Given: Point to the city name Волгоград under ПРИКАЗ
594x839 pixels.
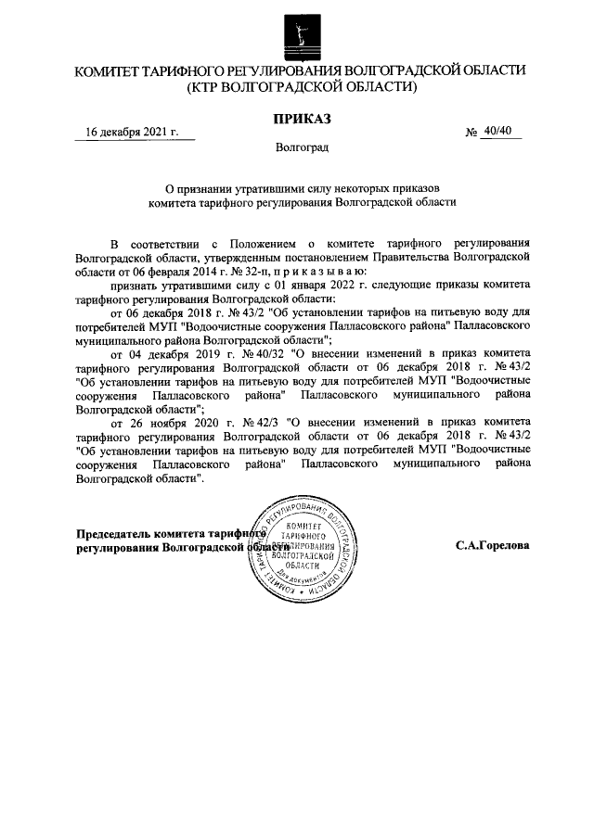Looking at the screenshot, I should pyautogui.click(x=301, y=147).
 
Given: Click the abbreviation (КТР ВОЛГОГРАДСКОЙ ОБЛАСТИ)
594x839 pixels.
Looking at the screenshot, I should pyautogui.click(x=301, y=88).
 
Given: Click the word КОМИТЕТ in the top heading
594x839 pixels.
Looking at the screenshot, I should pyautogui.click(x=118, y=70).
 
